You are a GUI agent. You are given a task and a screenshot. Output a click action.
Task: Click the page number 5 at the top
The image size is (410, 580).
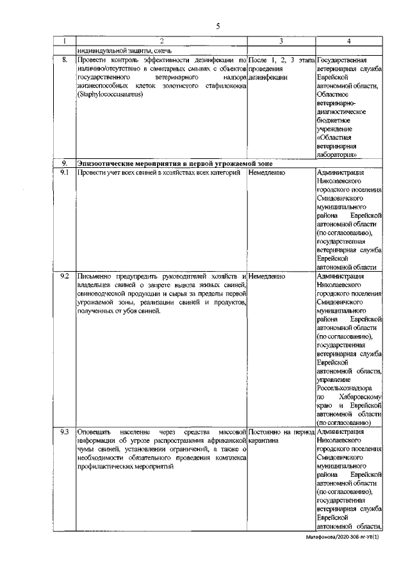click(218, 26)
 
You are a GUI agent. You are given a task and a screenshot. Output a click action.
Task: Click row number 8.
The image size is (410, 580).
click(63, 60)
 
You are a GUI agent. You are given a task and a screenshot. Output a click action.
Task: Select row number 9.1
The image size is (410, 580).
click(64, 172)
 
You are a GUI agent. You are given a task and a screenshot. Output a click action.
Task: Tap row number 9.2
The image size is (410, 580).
click(64, 276)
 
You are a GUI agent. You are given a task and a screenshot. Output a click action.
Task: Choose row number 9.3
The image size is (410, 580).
click(64, 433)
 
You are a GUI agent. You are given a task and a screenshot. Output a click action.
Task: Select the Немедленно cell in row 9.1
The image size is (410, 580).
click(267, 172)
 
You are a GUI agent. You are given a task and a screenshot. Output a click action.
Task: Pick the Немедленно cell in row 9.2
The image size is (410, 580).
click(267, 276)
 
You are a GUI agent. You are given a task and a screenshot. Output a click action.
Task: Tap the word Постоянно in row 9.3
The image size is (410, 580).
click(266, 433)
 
